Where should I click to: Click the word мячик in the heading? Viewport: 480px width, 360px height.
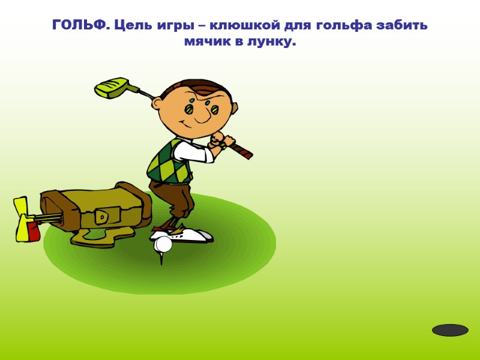207,43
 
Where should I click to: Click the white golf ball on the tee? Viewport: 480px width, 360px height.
163,244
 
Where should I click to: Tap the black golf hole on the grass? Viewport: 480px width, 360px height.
450,330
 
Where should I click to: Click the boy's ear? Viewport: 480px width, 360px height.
158,103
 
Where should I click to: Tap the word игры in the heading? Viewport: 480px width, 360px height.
175,25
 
